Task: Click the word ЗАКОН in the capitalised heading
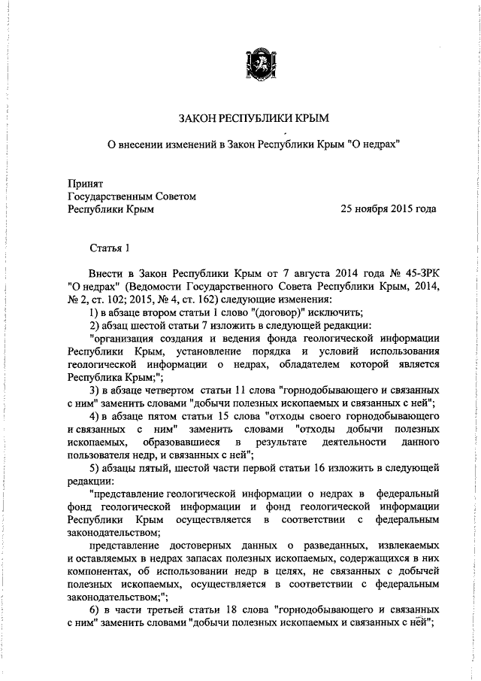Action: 199,118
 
